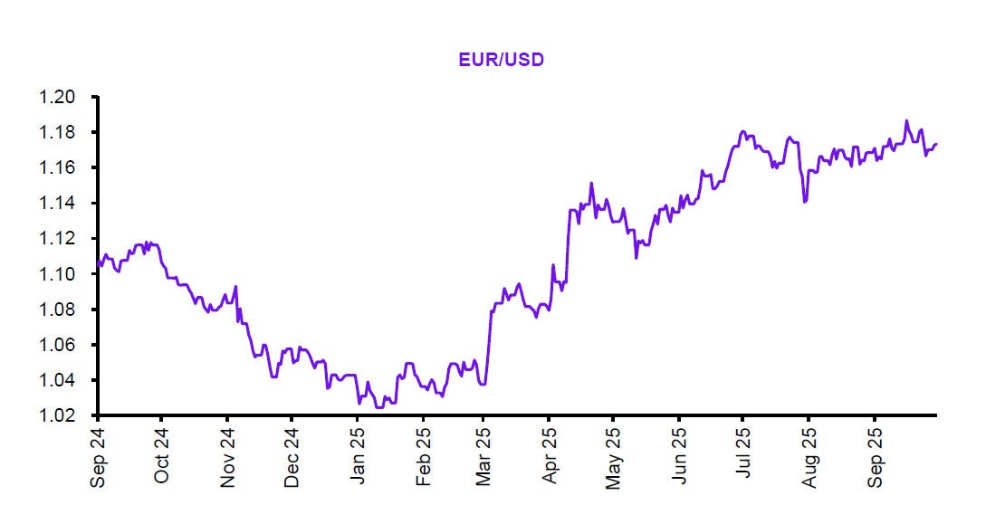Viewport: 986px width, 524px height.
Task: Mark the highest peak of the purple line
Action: pyautogui.click(x=905, y=121)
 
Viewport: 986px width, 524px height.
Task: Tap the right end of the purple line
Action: pyautogui.click(x=936, y=143)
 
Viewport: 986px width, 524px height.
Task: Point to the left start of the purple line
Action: pyautogui.click(x=97, y=264)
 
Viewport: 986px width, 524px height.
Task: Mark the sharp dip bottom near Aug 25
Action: pyautogui.click(x=805, y=201)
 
